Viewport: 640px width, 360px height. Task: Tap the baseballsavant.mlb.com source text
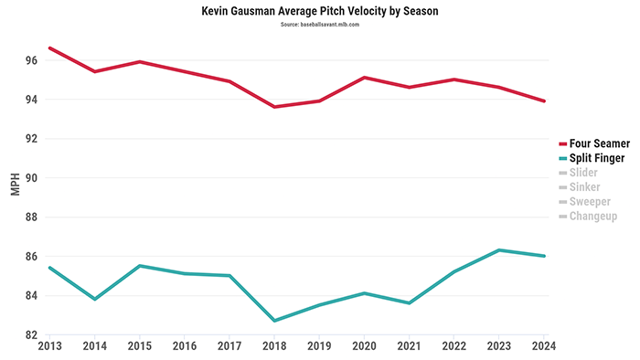(319, 25)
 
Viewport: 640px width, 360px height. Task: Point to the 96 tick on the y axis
(30, 60)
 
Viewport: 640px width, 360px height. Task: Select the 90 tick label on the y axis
(30, 178)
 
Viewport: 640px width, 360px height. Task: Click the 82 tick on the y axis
(30, 335)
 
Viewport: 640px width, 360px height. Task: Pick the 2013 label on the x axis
(49, 347)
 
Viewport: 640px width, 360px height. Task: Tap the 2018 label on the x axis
(274, 347)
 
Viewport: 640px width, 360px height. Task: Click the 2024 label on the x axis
(543, 347)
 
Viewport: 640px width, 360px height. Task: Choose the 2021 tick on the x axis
(409, 347)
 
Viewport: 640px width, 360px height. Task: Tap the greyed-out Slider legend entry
(585, 173)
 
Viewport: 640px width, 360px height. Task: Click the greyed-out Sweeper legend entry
(590, 202)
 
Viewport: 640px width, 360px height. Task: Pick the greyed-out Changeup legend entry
(592, 217)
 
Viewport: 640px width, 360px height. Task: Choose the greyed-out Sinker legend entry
(585, 187)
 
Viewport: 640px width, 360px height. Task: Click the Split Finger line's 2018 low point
(274, 321)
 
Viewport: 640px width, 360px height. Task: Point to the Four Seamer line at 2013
(50, 48)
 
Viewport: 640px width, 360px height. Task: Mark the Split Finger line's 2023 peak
(498, 249)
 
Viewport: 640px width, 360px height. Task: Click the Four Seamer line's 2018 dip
(274, 107)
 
